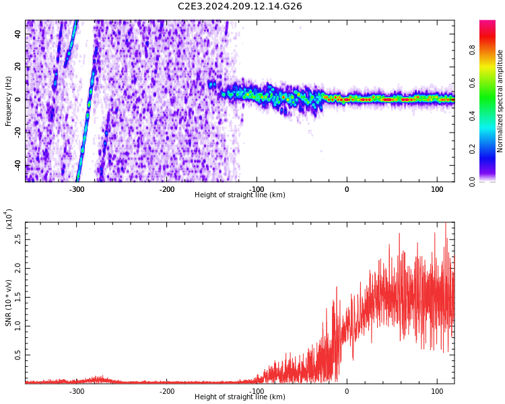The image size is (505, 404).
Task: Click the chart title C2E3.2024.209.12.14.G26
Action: pyautogui.click(x=240, y=7)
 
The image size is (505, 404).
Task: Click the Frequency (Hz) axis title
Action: pyautogui.click(x=9, y=101)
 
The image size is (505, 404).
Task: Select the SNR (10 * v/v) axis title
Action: pyautogui.click(x=9, y=302)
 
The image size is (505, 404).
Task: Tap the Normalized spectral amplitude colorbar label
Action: pyautogui.click(x=500, y=101)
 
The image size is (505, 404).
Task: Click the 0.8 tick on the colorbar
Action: pyautogui.click(x=491, y=50)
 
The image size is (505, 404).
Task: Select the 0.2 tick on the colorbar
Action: pyautogui.click(x=491, y=149)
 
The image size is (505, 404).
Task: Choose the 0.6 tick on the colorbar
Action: pyautogui.click(x=491, y=83)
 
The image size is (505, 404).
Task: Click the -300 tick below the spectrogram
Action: pyautogui.click(x=77, y=189)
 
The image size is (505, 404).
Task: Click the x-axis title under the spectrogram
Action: pyautogui.click(x=240, y=195)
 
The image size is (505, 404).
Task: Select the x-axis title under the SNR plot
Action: pyautogui.click(x=240, y=397)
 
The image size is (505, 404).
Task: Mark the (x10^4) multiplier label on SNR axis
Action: pyautogui.click(x=9, y=220)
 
